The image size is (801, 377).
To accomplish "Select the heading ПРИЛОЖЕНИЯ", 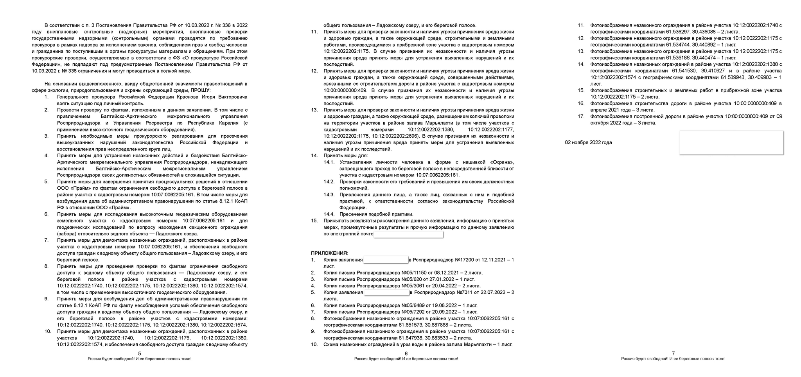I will point(329,253).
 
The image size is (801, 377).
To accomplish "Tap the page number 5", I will point(140,354).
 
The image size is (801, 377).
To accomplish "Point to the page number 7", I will point(673,354).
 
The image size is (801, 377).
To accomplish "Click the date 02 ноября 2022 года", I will point(588,143).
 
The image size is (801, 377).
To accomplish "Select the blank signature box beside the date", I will point(731,143).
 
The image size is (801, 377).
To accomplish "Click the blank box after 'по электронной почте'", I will point(408,234).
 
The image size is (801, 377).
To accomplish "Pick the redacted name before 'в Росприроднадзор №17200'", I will point(386,260).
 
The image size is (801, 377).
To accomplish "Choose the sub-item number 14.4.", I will point(329,214).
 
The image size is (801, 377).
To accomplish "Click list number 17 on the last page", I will point(581,117).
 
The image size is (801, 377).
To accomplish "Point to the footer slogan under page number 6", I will point(406,359).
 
